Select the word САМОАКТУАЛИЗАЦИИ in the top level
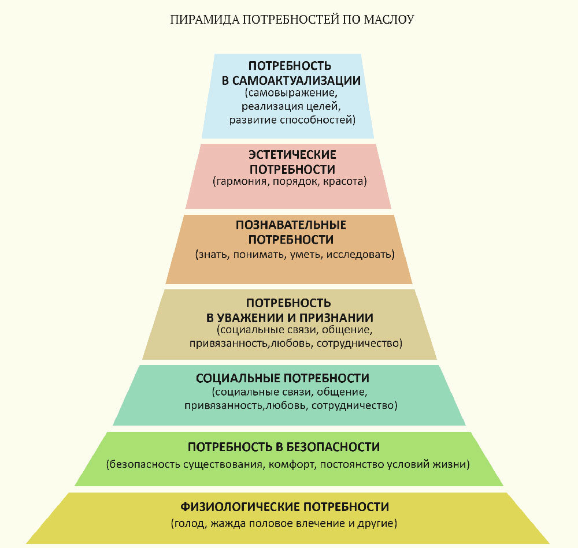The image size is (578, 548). (297, 81)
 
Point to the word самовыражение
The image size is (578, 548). (291, 92)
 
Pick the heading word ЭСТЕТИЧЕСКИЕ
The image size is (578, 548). (292, 155)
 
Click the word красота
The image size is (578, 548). (344, 181)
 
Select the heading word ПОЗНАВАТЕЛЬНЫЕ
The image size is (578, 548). (291, 225)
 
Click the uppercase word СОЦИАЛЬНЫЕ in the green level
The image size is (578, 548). (238, 378)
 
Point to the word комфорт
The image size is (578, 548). (292, 464)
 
